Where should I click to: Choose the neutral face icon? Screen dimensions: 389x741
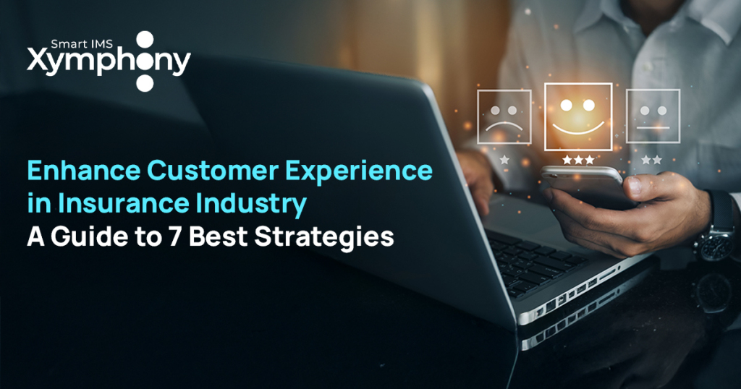[653, 115]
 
